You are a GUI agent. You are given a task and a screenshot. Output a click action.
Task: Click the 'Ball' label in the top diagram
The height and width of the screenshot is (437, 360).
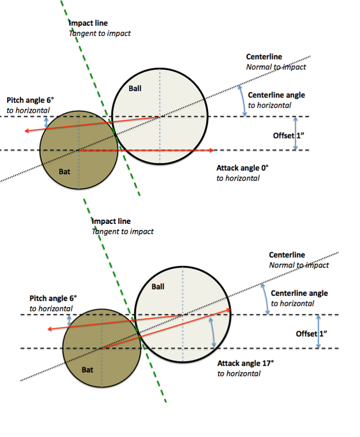(135, 89)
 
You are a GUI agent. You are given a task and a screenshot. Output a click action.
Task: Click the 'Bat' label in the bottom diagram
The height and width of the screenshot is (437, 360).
(87, 370)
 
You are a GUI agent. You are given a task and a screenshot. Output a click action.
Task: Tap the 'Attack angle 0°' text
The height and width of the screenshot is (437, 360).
(242, 168)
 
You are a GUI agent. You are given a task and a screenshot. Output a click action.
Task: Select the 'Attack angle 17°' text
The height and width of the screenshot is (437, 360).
(246, 363)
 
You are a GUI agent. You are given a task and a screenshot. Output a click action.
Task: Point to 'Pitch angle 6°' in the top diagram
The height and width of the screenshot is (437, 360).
(30, 100)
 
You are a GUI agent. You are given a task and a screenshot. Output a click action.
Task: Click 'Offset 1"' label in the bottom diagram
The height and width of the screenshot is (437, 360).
(311, 333)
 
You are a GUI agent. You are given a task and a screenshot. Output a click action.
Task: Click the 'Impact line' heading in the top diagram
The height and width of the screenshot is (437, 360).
(88, 23)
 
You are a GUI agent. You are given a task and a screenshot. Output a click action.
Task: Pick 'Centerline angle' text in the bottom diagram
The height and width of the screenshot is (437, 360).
(299, 293)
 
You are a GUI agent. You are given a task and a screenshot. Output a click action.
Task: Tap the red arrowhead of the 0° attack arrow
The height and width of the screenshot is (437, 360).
(211, 150)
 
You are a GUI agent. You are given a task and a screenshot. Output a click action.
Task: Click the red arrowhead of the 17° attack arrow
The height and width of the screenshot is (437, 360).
(229, 310)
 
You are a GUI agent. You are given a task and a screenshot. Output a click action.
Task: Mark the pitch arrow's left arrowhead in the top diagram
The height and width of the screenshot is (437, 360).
(27, 130)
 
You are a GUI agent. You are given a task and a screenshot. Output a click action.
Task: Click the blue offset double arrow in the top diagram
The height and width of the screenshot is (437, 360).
(296, 133)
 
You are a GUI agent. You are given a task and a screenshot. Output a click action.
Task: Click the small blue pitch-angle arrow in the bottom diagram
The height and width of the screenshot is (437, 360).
(69, 321)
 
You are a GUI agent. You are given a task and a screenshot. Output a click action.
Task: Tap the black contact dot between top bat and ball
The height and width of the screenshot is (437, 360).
(115, 135)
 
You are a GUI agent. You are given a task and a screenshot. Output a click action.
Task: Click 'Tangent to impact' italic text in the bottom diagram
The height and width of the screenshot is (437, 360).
(123, 231)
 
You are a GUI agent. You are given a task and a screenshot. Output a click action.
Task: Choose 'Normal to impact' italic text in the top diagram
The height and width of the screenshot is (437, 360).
(276, 67)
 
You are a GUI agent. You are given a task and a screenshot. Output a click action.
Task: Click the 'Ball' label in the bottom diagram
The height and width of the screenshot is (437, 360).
(158, 287)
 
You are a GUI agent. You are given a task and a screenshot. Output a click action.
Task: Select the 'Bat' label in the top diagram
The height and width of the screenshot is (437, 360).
(64, 172)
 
